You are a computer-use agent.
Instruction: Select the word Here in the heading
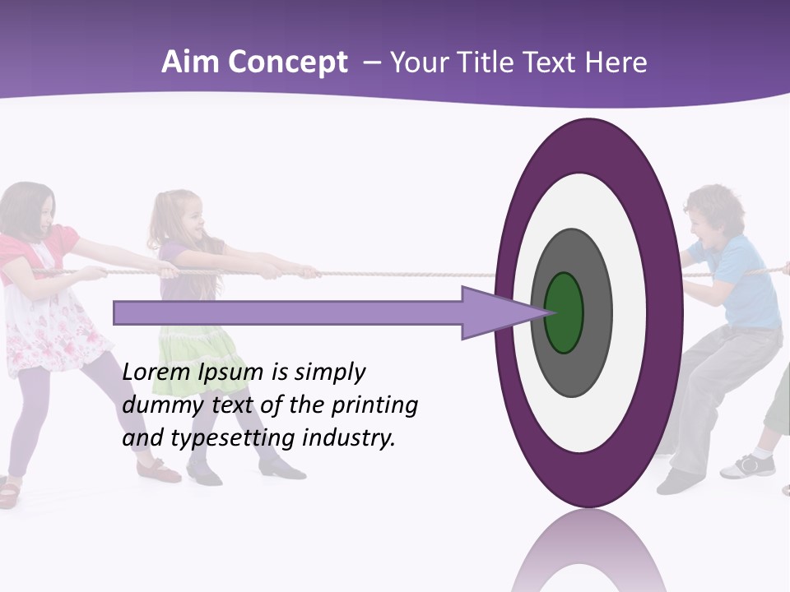click(x=617, y=62)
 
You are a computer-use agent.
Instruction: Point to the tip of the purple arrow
click(x=546, y=312)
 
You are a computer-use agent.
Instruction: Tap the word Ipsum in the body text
click(x=232, y=372)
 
